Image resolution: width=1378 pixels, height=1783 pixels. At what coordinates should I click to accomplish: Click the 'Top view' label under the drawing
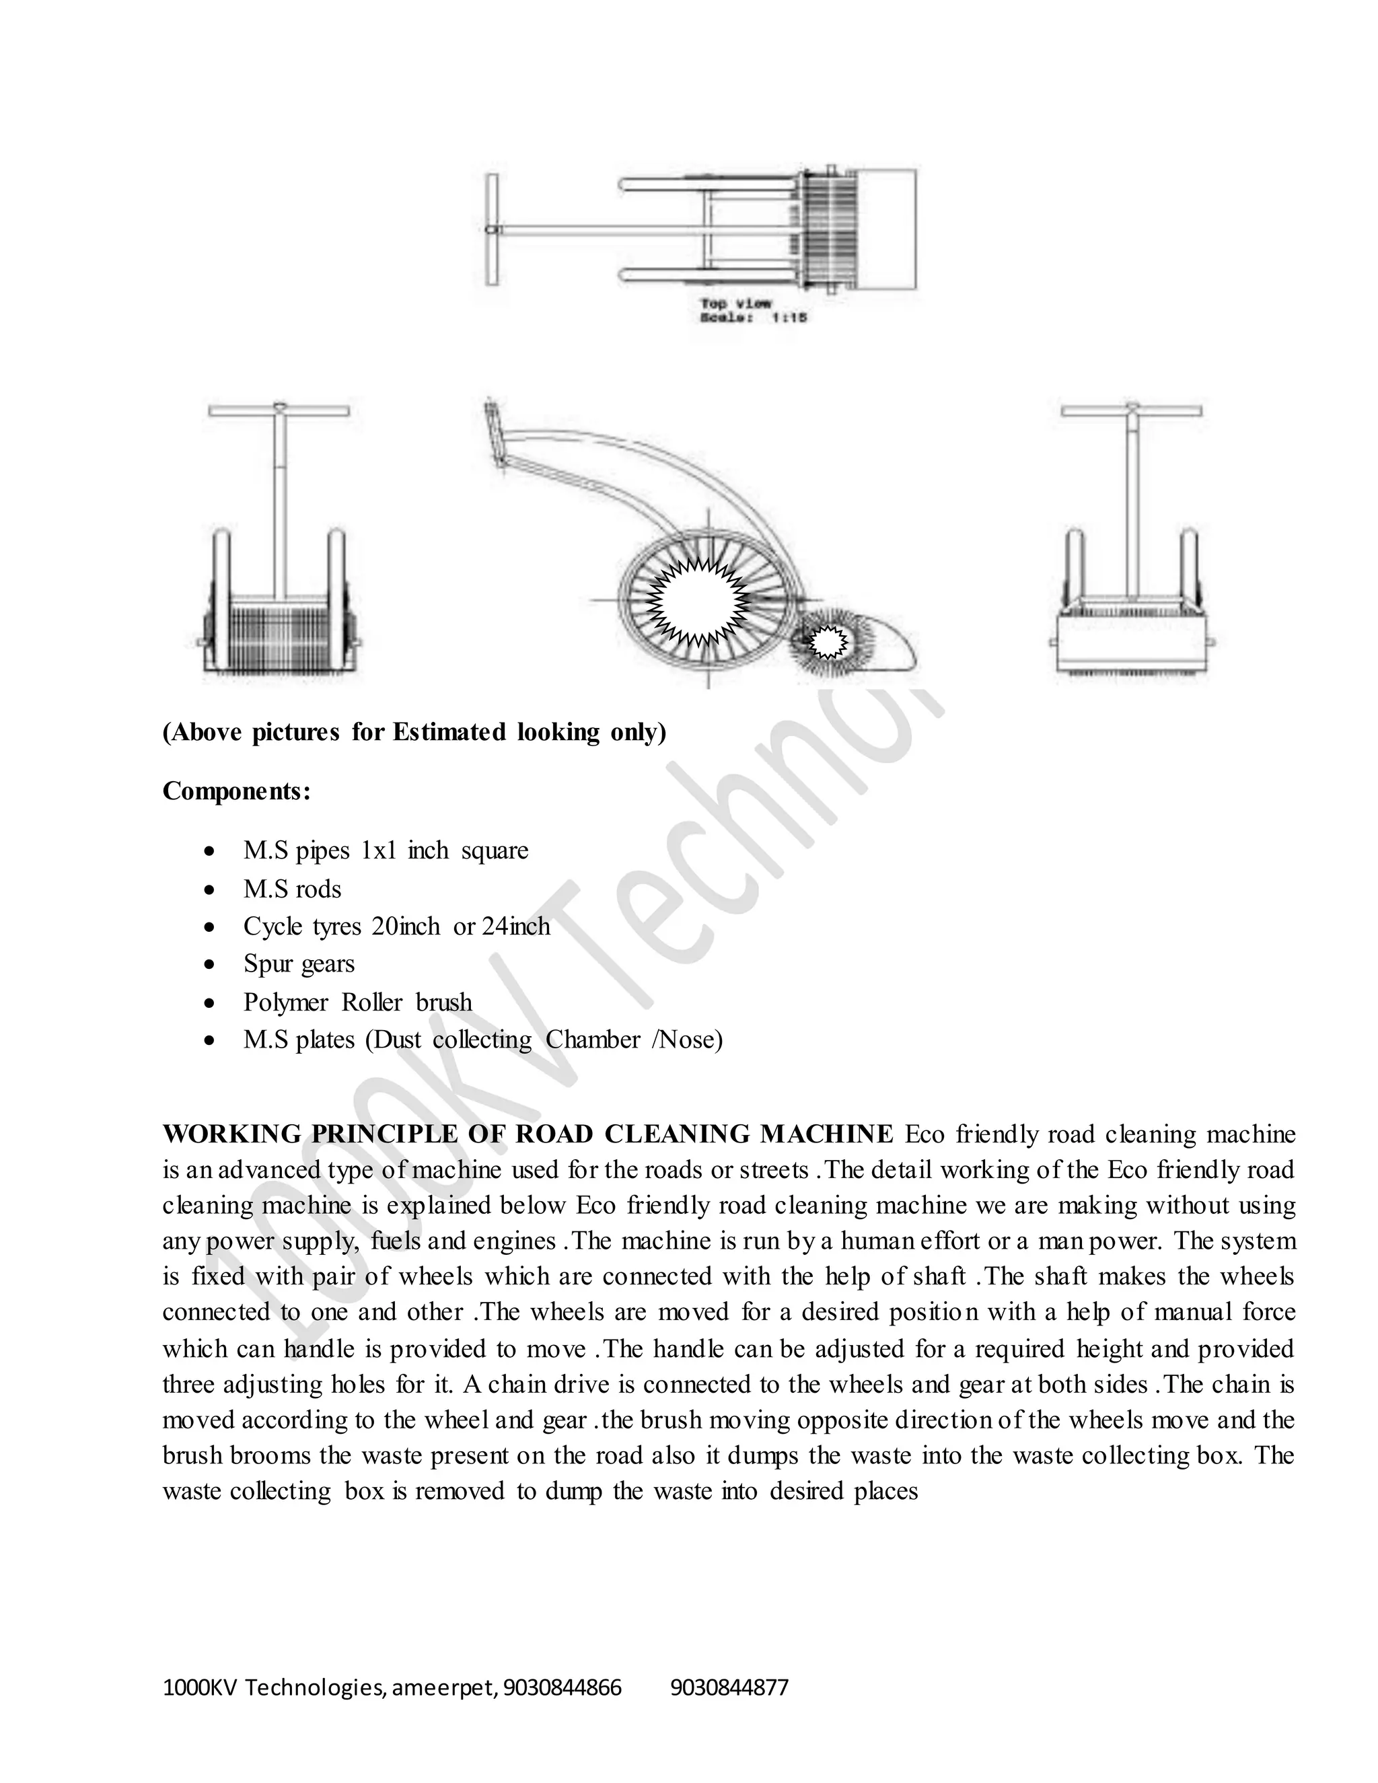(x=734, y=303)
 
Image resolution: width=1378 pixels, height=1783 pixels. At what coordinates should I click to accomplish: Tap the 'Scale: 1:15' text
(x=753, y=318)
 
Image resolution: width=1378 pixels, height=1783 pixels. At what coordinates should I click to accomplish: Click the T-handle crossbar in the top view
(x=491, y=229)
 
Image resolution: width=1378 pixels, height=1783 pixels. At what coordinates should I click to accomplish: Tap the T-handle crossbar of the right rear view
(x=1132, y=410)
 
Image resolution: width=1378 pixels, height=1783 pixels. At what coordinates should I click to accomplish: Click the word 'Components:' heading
(x=237, y=791)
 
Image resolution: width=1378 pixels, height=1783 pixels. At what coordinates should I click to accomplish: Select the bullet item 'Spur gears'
(x=299, y=964)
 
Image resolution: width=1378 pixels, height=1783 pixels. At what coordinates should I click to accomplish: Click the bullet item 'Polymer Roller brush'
(x=357, y=1002)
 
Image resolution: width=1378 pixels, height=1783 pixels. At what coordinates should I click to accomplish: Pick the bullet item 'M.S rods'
(x=292, y=889)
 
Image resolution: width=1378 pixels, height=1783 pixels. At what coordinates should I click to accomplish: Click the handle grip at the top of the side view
(x=493, y=430)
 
